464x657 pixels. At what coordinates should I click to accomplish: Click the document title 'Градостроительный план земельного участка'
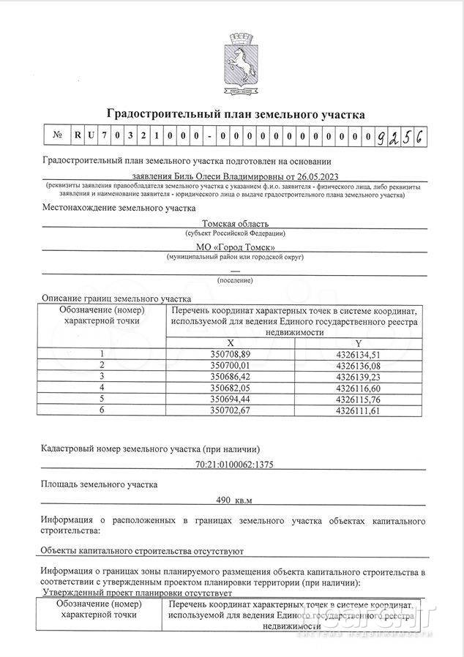pos(236,115)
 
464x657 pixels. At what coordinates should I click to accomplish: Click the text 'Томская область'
pos(236,223)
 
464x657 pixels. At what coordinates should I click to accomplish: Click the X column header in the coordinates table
pos(231,342)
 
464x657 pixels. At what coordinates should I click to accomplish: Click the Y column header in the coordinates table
pos(359,342)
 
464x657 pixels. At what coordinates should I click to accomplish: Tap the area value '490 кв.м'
pos(236,500)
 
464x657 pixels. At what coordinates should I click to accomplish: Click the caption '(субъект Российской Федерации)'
pos(236,233)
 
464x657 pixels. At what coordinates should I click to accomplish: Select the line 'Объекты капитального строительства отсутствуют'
pos(141,551)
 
